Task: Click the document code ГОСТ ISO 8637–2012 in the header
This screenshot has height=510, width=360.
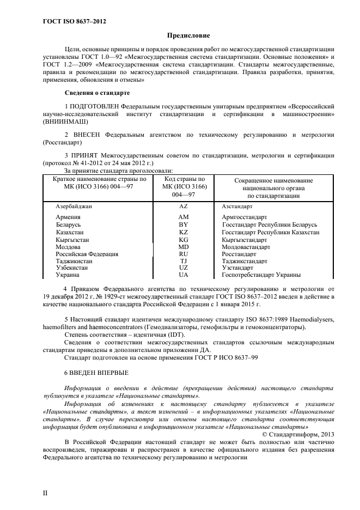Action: click(74, 21)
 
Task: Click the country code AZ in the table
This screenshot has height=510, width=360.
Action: click(183, 207)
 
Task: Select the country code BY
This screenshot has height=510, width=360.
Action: click(183, 224)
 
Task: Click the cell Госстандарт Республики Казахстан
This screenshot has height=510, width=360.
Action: click(271, 232)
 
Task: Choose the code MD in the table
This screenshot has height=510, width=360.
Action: click(183, 247)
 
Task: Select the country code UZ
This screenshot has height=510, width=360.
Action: click(183, 268)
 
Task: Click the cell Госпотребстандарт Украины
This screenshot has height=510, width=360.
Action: click(261, 275)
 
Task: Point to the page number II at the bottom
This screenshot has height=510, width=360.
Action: click(45, 493)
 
